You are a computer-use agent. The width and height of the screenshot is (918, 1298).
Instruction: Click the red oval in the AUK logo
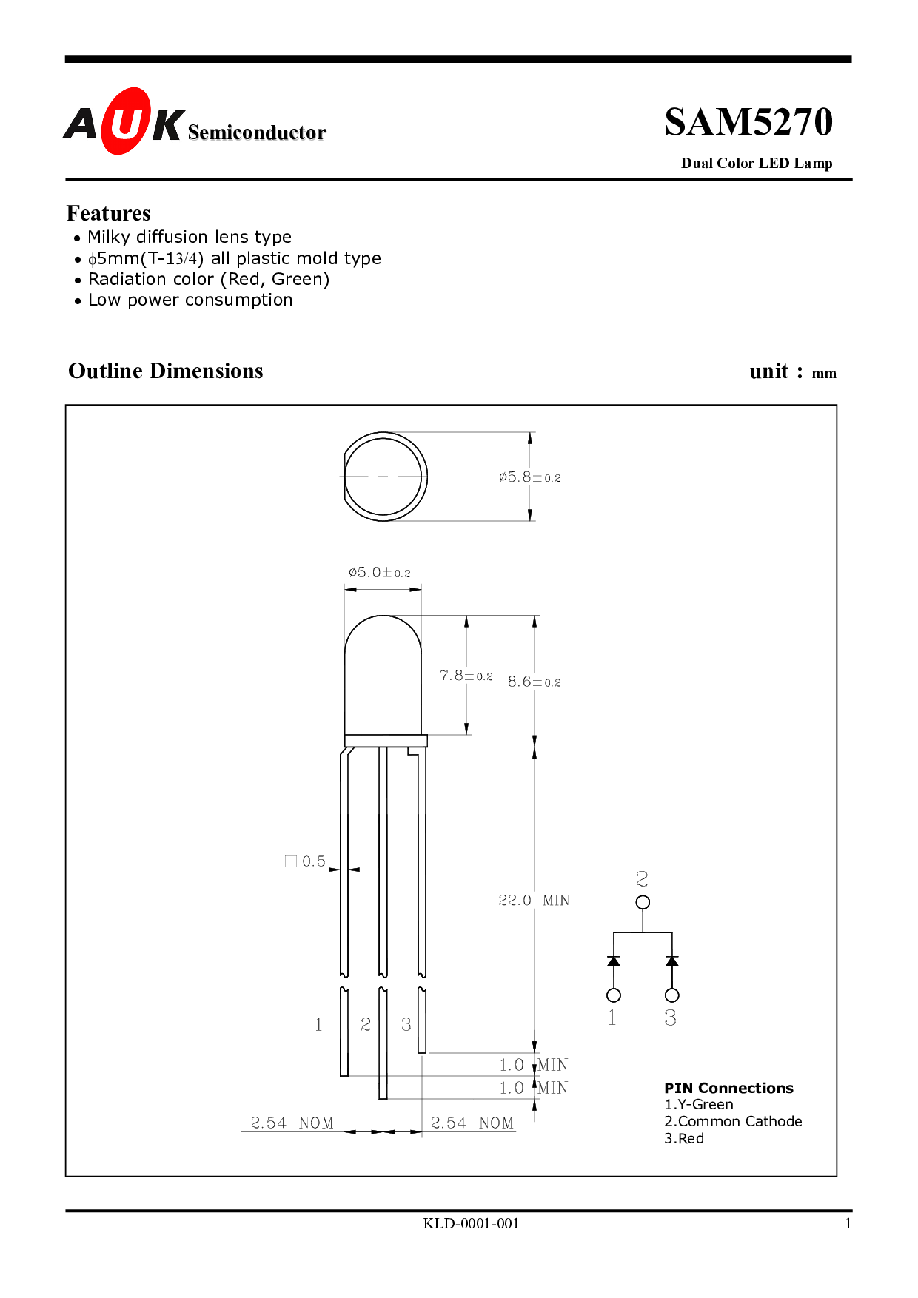click(126, 121)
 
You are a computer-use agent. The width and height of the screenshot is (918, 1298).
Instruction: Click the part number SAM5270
click(748, 122)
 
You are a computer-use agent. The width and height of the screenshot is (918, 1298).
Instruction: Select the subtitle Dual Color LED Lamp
click(757, 164)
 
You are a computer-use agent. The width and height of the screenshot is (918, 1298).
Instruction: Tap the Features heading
click(109, 213)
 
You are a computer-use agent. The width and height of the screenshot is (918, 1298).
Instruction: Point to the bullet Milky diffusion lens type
click(190, 237)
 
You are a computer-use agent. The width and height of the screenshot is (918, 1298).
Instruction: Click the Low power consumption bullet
click(190, 300)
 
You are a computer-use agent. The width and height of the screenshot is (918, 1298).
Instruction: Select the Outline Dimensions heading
click(166, 371)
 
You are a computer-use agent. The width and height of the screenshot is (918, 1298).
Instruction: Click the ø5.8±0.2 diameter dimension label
click(530, 477)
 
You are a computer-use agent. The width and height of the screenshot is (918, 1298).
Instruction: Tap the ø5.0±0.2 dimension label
click(380, 573)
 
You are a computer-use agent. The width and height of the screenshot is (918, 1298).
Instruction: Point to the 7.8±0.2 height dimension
click(466, 676)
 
